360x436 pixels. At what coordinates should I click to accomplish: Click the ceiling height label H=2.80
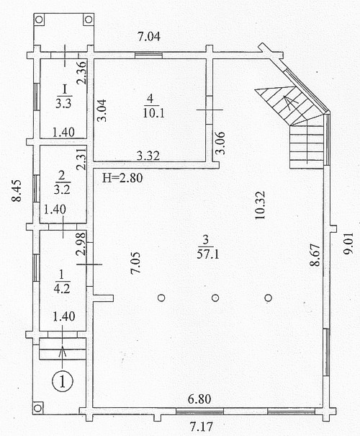coord(122,178)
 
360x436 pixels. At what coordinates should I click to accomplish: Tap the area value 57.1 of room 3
coord(208,254)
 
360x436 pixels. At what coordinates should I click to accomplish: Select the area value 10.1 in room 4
coord(153,113)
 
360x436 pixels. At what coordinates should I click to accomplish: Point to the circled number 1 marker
coord(63,381)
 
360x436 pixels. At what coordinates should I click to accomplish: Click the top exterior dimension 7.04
coord(149,37)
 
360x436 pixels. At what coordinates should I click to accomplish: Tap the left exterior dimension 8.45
coord(16,190)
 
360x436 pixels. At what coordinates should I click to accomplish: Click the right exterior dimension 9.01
coord(348,244)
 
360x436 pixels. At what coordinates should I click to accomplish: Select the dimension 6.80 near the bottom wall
coord(199,399)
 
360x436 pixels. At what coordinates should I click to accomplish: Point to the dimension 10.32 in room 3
coord(261,205)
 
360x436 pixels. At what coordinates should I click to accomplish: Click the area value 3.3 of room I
coord(63,104)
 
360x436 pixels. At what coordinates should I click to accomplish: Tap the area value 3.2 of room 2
coord(62,190)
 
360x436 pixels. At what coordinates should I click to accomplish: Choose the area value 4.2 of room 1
coord(61,289)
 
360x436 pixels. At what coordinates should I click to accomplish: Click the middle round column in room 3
coord(215,298)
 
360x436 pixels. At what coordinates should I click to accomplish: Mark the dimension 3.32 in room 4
coord(148,156)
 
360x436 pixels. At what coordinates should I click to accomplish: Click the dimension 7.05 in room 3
coord(135,263)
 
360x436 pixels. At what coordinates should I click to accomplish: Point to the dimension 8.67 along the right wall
coord(315,255)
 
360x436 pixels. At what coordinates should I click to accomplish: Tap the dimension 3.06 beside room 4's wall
coord(220,143)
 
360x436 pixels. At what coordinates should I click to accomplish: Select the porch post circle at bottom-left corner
coord(37,409)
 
